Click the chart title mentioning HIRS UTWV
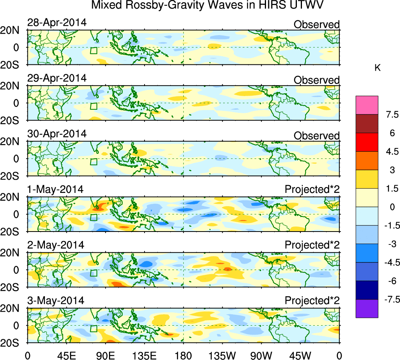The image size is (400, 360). click(x=208, y=5)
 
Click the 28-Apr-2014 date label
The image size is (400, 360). click(x=57, y=23)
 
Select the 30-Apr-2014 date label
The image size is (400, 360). click(x=57, y=134)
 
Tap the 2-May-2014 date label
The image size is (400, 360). click(x=55, y=245)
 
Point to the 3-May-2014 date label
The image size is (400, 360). click(x=55, y=301)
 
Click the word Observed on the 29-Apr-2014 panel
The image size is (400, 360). click(x=316, y=80)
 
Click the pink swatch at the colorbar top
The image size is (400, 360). click(x=367, y=105)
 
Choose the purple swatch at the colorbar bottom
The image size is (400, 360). click(x=367, y=308)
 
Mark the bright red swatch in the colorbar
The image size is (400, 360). click(x=367, y=142)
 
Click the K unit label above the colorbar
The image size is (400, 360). click(x=377, y=68)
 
